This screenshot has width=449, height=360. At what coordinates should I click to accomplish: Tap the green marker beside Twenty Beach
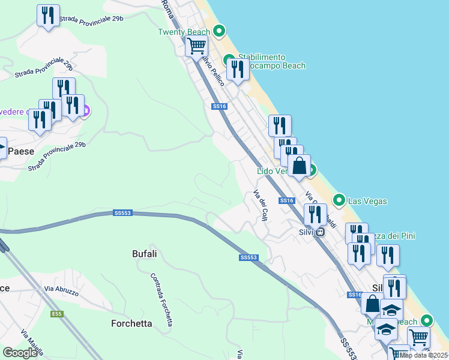click(219, 30)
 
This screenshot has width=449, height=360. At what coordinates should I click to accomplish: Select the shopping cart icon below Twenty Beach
click(196, 45)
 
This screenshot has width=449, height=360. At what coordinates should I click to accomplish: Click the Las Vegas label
click(367, 201)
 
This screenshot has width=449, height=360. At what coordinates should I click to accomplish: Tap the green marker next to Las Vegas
click(339, 199)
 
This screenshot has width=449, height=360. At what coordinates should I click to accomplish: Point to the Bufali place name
click(144, 254)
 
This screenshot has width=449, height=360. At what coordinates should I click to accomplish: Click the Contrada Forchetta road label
click(162, 300)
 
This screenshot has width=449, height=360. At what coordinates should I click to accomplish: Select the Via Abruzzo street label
click(61, 290)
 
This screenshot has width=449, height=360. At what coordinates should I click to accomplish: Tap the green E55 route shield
click(58, 314)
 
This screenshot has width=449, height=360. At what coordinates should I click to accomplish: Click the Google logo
click(20, 353)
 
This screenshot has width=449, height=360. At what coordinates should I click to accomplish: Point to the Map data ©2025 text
click(424, 355)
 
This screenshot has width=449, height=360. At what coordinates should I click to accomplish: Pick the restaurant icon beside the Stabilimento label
click(238, 70)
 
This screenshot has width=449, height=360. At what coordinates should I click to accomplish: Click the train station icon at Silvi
click(321, 232)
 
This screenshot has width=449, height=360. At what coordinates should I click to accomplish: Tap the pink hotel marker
click(86, 110)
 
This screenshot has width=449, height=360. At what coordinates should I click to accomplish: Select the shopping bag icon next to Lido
click(299, 166)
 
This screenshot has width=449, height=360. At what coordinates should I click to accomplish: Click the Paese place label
click(20, 151)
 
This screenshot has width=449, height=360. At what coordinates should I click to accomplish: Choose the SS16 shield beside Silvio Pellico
click(219, 106)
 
